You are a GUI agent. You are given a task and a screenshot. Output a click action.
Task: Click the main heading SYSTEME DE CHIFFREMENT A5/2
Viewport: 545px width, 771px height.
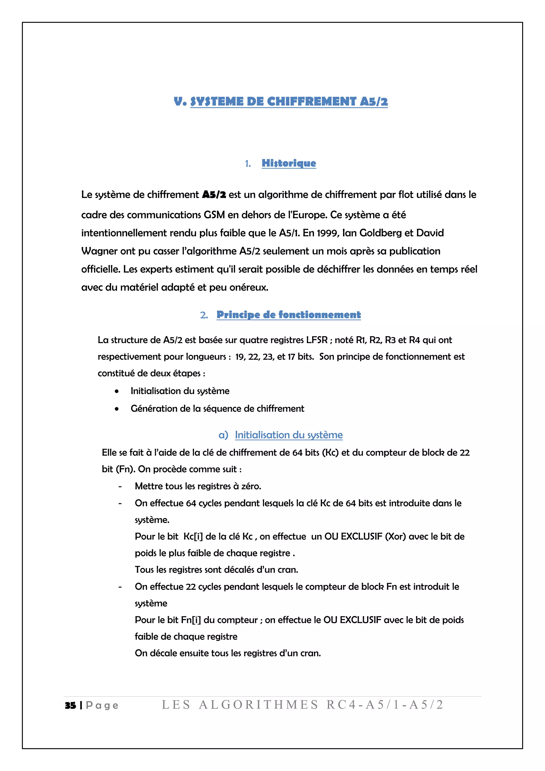289,101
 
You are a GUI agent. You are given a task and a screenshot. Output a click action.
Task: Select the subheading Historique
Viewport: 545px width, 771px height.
289,163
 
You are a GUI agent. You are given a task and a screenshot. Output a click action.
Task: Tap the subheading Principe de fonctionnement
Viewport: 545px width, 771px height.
289,315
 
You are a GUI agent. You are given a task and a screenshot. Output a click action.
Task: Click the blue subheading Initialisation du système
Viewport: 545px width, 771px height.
289,435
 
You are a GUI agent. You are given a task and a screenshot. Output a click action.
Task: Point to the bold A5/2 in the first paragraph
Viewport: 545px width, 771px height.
214,195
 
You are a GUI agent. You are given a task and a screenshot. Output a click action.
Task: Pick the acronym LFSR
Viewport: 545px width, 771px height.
316,340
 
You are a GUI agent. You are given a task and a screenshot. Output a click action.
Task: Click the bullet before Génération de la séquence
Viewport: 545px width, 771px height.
117,409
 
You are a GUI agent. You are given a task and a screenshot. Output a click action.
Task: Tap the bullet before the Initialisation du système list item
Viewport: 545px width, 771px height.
117,391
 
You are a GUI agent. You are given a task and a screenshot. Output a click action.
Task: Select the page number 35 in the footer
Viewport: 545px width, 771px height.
71,705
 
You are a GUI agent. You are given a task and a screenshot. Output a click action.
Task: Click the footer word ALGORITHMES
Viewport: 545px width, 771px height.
258,704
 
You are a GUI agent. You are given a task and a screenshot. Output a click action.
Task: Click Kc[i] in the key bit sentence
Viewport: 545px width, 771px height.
193,537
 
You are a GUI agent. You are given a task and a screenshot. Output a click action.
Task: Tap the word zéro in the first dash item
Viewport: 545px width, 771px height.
251,486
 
